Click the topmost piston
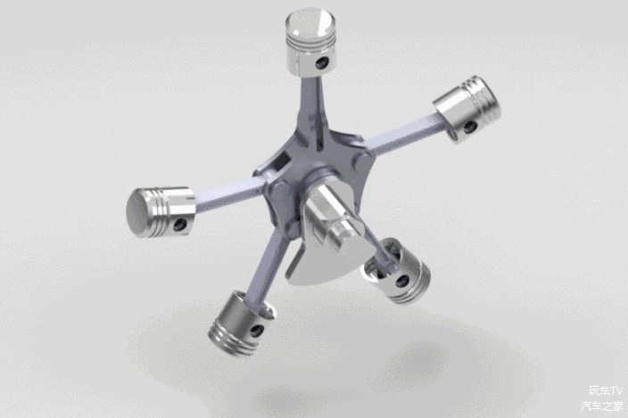pos(310,42)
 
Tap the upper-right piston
pos(468,109)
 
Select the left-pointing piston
pos(161,212)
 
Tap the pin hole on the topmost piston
pos(322,62)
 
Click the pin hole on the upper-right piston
pos(470,127)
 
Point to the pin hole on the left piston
pos(180,225)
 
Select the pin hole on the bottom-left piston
pos(256,330)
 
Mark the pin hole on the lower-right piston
pos(402,281)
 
